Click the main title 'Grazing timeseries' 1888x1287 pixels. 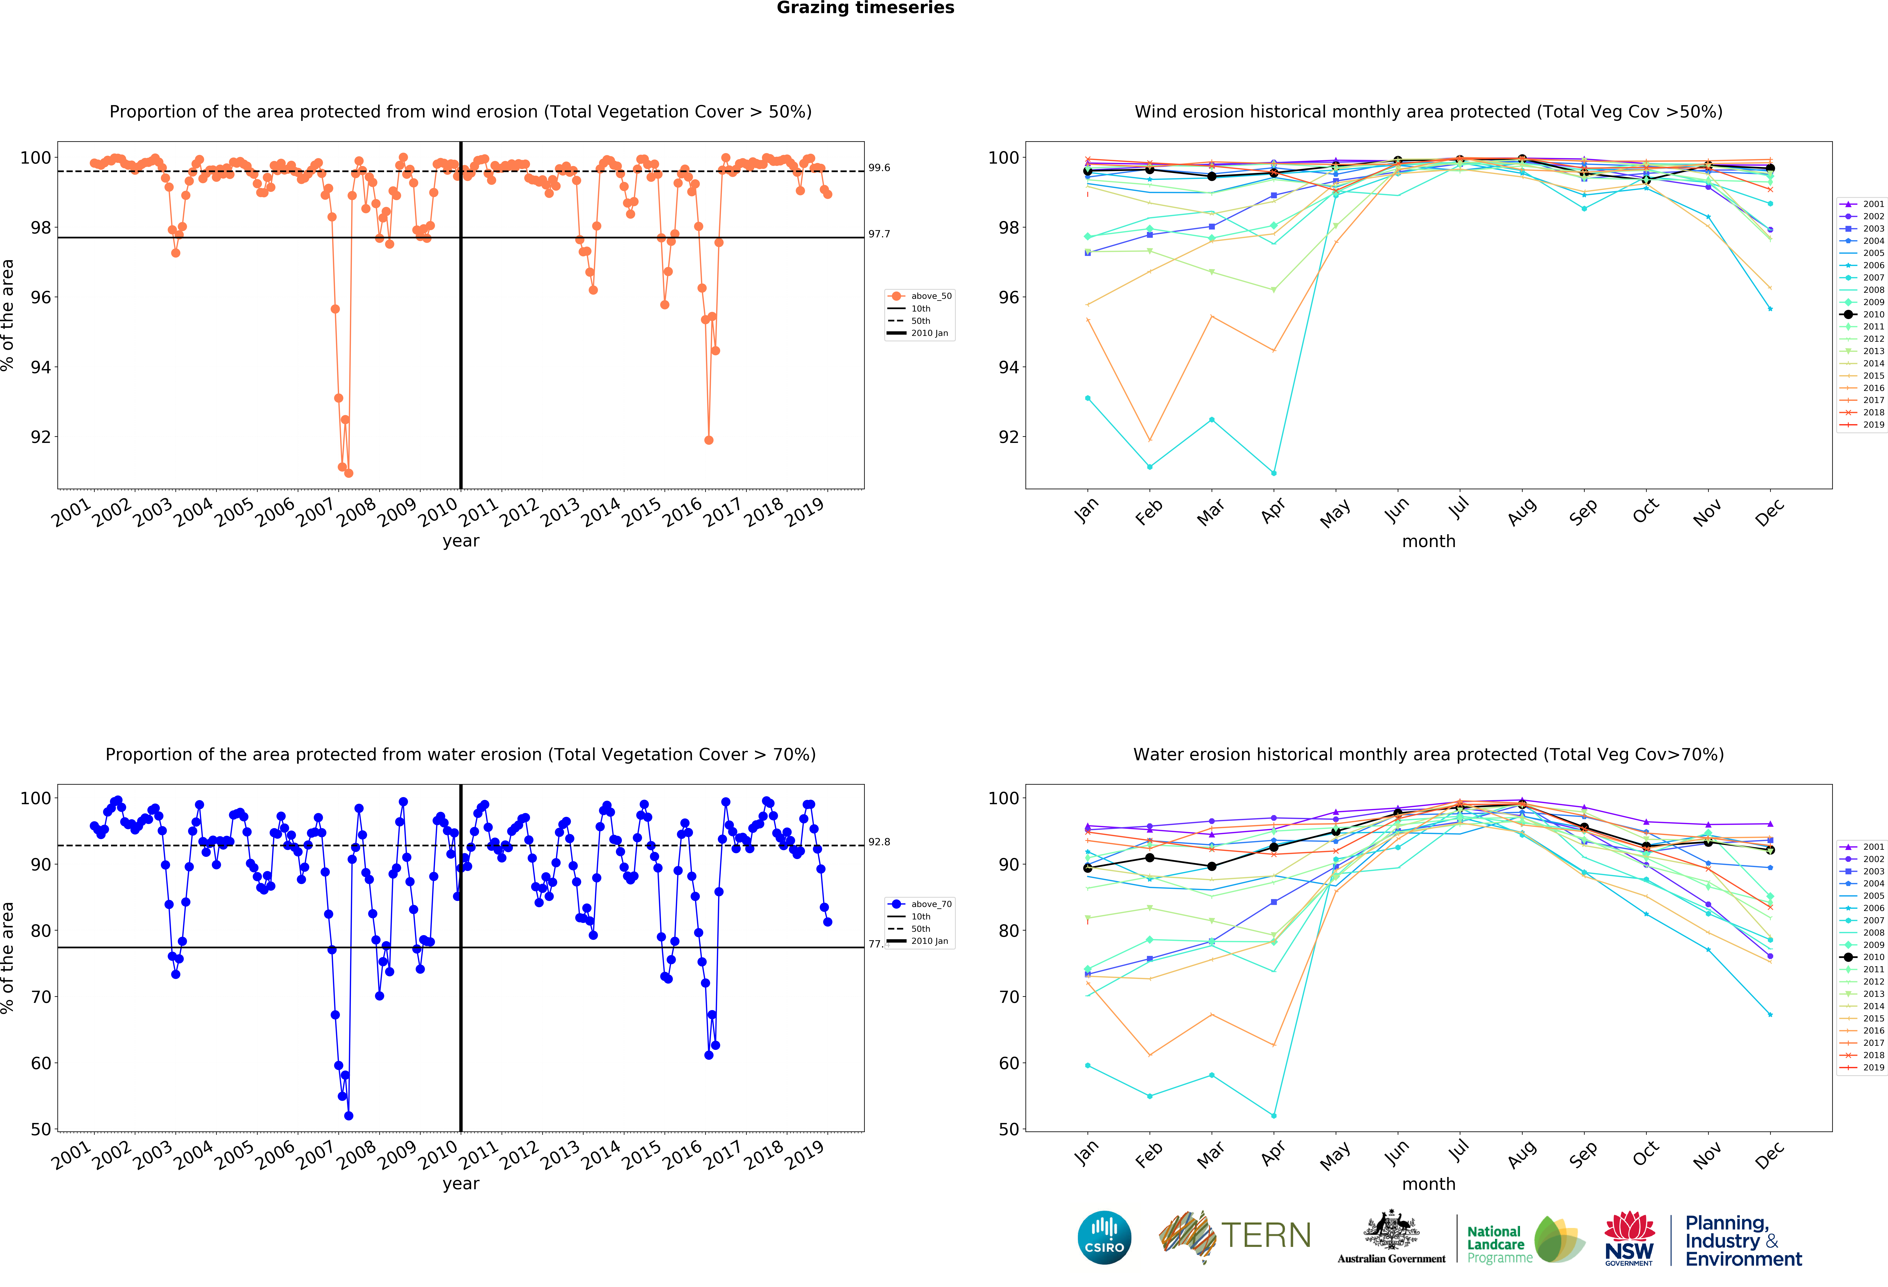pos(865,8)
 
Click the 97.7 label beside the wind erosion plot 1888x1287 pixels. pos(879,234)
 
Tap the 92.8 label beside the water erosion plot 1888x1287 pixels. pos(879,842)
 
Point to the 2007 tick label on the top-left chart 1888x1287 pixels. pos(315,513)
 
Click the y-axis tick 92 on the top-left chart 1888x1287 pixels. pos(41,437)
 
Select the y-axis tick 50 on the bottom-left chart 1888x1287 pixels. pos(41,1129)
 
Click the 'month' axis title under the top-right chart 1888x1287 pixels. pos(1428,541)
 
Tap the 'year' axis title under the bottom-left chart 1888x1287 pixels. pos(461,1184)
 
